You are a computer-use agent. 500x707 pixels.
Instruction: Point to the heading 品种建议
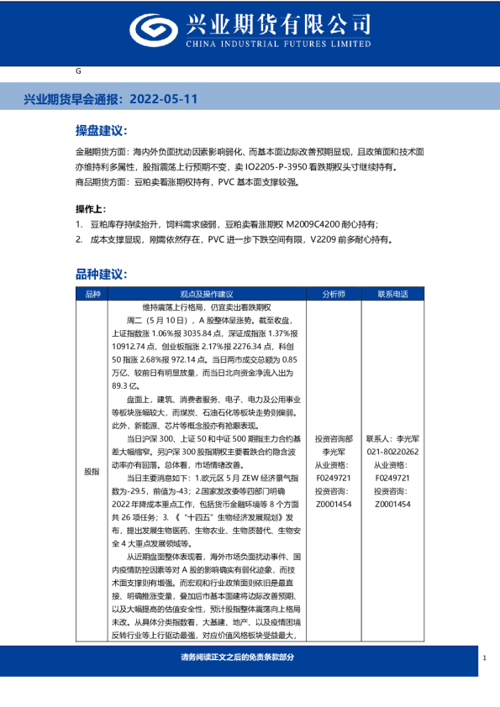pos(101,274)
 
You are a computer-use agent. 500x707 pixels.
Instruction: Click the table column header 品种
pos(92,294)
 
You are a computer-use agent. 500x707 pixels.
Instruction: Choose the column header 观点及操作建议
pos(206,294)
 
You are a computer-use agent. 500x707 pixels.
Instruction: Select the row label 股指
pos(92,472)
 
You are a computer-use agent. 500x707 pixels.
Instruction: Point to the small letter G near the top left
pos(78,71)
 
